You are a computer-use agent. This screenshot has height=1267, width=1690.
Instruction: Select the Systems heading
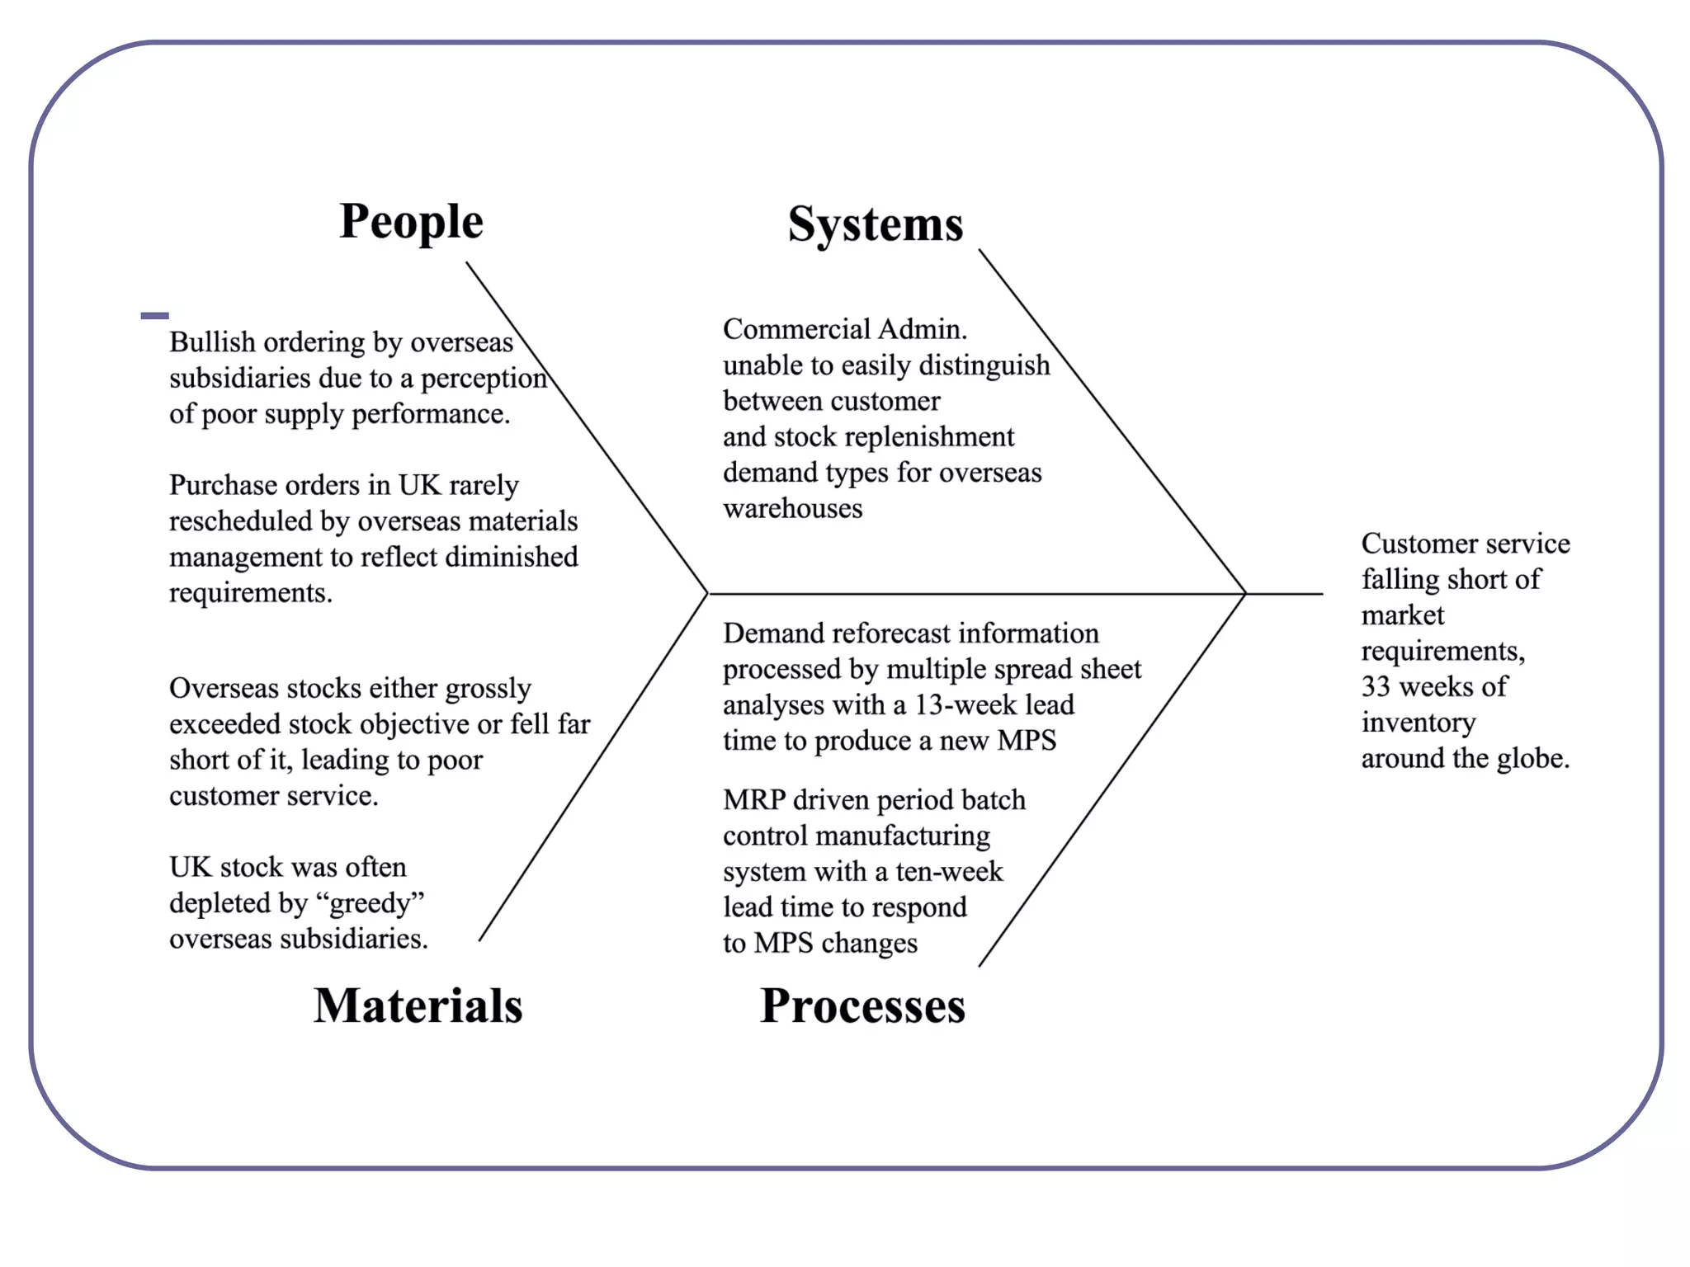(x=875, y=224)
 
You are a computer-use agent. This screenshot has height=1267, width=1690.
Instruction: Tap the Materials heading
(x=418, y=1006)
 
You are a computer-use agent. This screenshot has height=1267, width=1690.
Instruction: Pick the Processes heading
(x=862, y=1006)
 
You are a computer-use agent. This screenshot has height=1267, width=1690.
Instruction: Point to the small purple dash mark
(x=154, y=315)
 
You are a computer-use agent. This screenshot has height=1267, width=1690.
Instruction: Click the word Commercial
(x=797, y=329)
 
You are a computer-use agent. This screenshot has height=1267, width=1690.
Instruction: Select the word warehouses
(x=792, y=508)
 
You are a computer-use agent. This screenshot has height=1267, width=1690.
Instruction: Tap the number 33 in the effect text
(x=1376, y=686)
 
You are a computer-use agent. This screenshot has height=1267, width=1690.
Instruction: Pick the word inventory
(x=1419, y=723)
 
